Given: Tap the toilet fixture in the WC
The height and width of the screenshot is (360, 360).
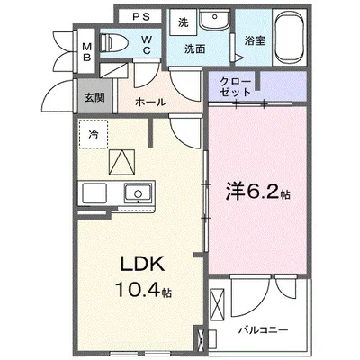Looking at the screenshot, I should pyautogui.click(x=111, y=42).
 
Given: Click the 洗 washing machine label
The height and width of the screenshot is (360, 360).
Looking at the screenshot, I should pyautogui.click(x=183, y=22).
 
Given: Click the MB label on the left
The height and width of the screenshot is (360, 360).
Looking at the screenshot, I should pyautogui.click(x=86, y=52).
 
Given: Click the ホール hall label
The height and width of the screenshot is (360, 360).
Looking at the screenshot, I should pyautogui.click(x=150, y=103).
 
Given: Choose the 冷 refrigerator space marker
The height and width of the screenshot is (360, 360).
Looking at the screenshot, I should pyautogui.click(x=94, y=135).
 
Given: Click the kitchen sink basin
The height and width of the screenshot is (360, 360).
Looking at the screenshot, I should pyautogui.click(x=138, y=193).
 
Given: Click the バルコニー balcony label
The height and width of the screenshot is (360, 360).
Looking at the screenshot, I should pyautogui.click(x=262, y=330).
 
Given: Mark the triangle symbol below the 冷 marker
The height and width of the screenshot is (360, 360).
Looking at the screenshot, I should pyautogui.click(x=121, y=162).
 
